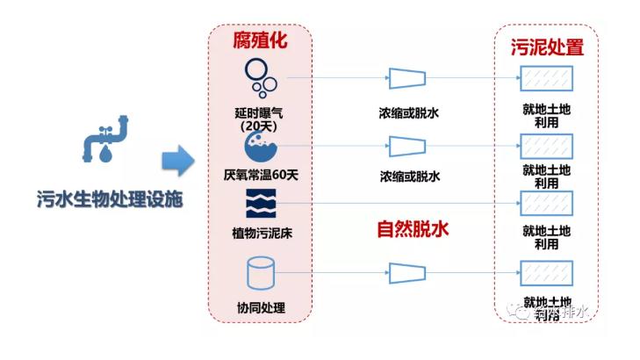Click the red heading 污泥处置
[x=546, y=47]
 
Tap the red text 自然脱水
[x=413, y=230]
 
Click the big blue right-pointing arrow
[x=177, y=161]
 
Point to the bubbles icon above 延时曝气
[x=260, y=78]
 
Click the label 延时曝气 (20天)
[x=260, y=119]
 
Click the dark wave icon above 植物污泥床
[x=260, y=204]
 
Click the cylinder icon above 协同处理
[x=260, y=274]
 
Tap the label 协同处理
[x=261, y=307]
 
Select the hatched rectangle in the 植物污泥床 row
[x=546, y=204]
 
